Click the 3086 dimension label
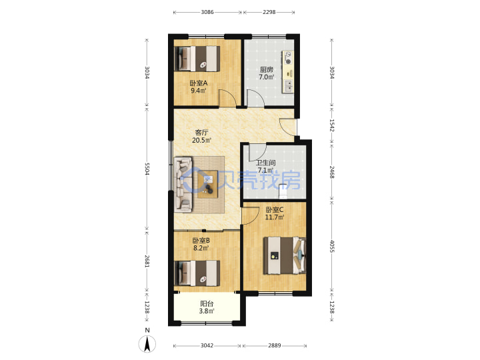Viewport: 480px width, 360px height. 207,12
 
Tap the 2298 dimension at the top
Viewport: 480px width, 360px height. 269,12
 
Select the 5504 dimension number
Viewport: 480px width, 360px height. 147,169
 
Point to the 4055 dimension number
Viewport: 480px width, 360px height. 332,246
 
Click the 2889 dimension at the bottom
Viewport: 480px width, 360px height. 275,345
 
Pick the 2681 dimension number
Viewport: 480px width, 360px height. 147,261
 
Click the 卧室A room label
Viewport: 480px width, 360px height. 199,83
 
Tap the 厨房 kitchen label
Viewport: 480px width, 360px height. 266,70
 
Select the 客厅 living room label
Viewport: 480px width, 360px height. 202,133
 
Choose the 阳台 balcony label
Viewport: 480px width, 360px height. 207,304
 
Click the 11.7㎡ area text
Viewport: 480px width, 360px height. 275,217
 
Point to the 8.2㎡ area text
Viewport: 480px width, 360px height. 201,248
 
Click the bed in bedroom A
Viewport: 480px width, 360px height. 197,59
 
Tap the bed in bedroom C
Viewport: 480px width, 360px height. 285,255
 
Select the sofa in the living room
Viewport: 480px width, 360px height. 183,185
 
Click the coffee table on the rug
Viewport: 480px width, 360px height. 207,184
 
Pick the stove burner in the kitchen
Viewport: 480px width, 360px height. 288,58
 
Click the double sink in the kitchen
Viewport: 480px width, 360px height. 289,86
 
